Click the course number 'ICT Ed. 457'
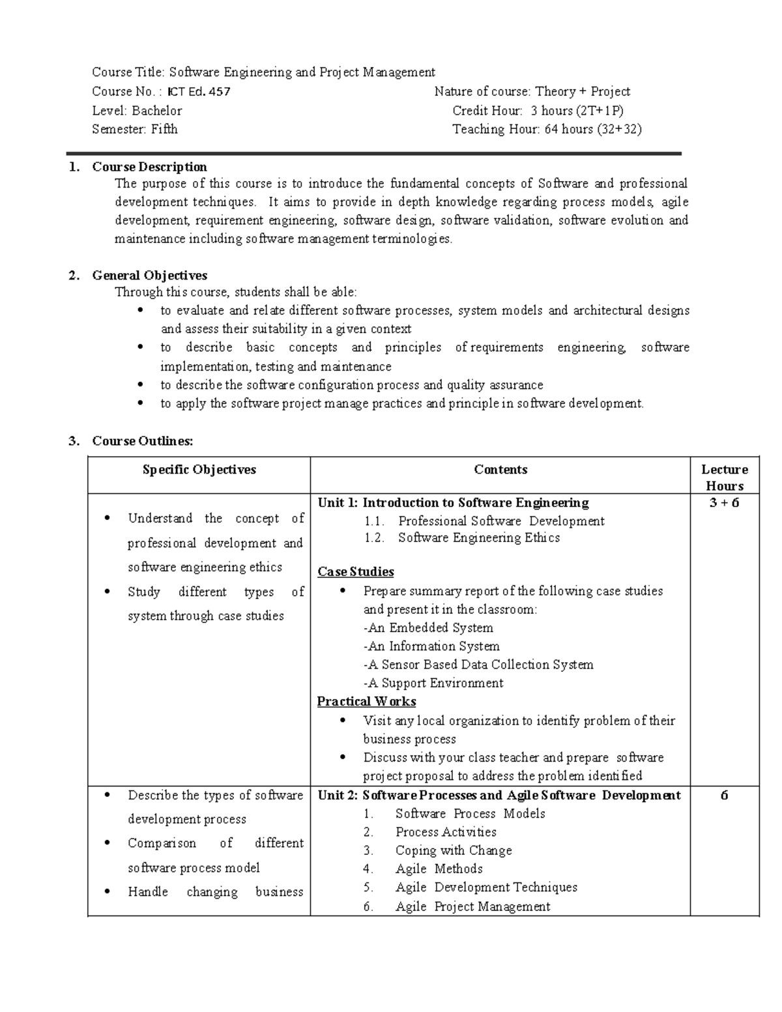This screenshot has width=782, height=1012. [x=199, y=92]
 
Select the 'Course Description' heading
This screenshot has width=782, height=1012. [x=149, y=167]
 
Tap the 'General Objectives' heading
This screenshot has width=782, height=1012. [x=149, y=275]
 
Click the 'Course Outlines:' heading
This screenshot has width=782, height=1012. [x=143, y=441]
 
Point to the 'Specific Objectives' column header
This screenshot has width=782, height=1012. [x=199, y=470]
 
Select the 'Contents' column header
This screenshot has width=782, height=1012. [x=500, y=470]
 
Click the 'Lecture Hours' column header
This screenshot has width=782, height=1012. [x=725, y=478]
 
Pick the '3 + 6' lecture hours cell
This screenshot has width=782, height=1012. [x=725, y=502]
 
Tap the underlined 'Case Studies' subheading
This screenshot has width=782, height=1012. [x=356, y=572]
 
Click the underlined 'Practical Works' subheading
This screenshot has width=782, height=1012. [x=366, y=702]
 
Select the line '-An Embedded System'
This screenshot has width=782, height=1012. [x=428, y=628]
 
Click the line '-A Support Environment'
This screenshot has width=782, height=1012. [x=433, y=684]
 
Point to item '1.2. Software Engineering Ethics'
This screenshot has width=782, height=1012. [x=478, y=538]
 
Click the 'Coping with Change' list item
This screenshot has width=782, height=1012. [x=454, y=851]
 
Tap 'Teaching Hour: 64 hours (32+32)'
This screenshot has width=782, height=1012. [x=547, y=130]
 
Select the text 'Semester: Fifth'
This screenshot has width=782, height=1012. [x=135, y=130]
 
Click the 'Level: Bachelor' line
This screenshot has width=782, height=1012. [x=137, y=111]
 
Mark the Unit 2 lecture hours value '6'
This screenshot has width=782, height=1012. [x=725, y=796]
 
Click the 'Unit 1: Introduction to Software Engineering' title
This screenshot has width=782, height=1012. [x=453, y=503]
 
